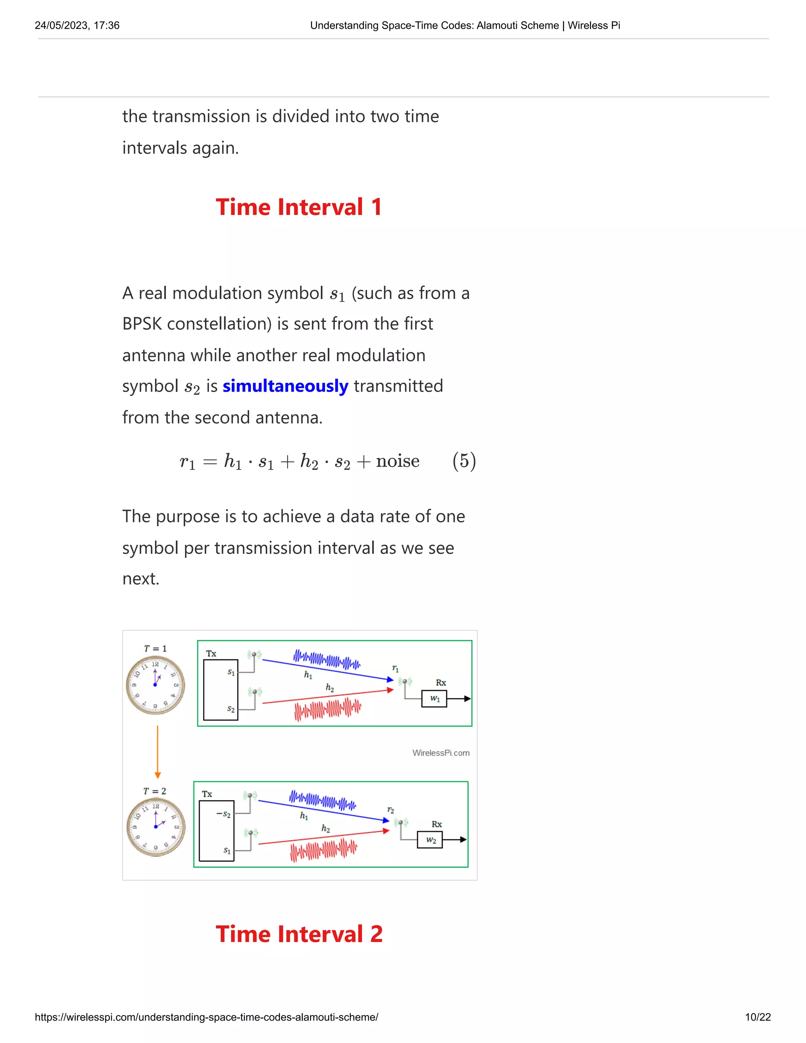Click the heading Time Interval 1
click(299, 207)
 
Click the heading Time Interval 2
click(299, 934)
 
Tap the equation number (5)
click(464, 461)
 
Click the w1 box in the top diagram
click(434, 699)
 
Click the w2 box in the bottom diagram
click(430, 840)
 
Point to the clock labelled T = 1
click(155, 685)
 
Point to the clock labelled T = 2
click(156, 827)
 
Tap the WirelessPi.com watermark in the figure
click(440, 753)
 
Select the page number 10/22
click(757, 1017)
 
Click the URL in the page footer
click(206, 1017)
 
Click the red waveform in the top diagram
click(327, 709)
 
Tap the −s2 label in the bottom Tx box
click(224, 814)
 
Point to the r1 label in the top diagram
click(395, 668)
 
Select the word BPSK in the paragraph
click(142, 324)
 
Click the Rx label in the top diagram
click(441, 682)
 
